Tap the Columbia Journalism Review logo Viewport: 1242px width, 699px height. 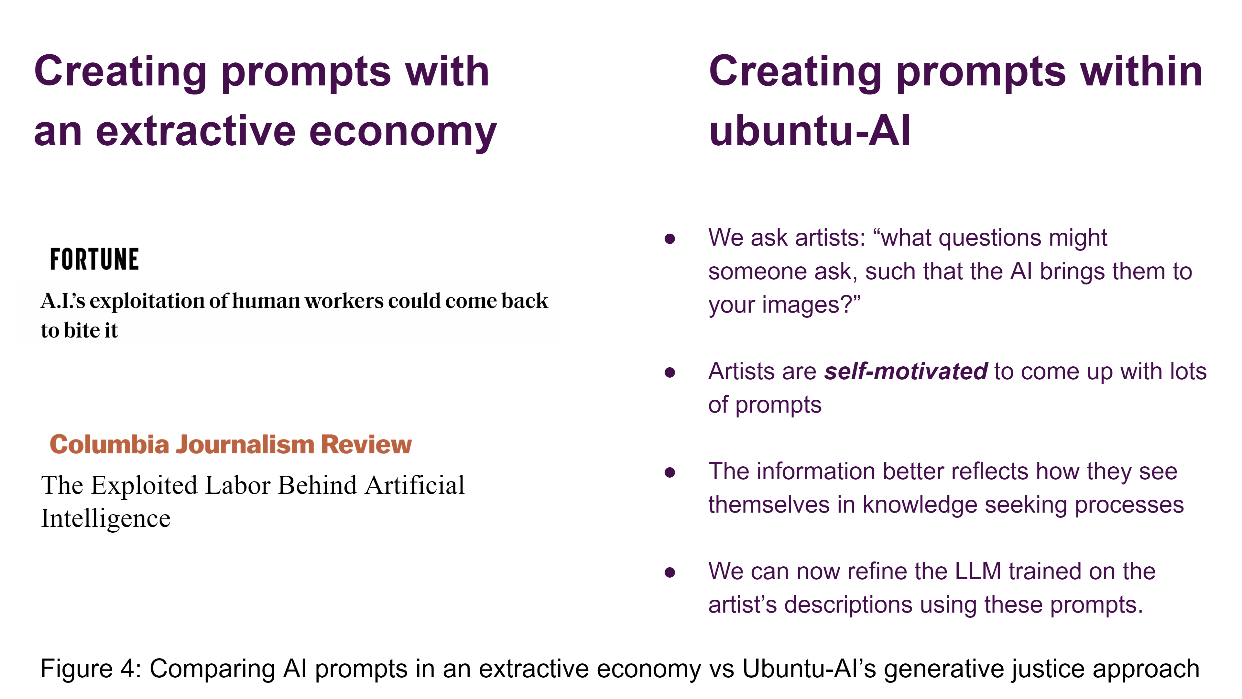231,444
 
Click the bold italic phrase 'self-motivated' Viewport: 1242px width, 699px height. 906,372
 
